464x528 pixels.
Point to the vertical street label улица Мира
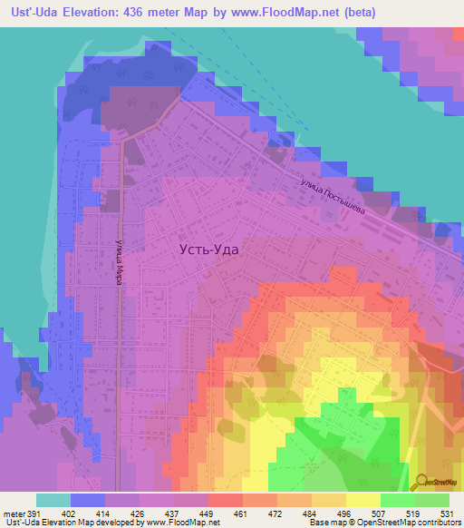click(118, 262)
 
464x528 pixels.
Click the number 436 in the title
click(159, 14)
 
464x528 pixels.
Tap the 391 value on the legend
click(34, 514)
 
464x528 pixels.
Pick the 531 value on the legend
click(448, 514)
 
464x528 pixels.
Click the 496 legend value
click(344, 514)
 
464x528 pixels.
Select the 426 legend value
click(139, 514)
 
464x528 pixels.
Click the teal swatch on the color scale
click(53, 500)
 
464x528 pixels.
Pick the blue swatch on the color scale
click(87, 500)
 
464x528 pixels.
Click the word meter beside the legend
click(14, 514)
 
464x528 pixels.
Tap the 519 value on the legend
click(414, 514)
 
